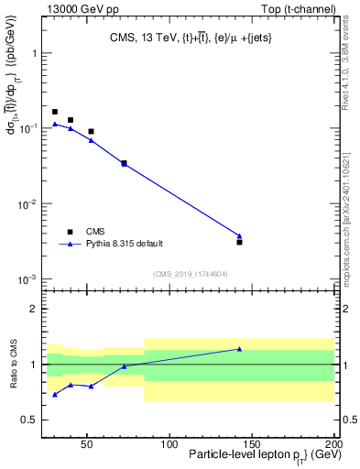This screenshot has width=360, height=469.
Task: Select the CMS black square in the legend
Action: click(x=71, y=232)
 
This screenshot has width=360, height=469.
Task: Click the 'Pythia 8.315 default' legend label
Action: click(x=125, y=244)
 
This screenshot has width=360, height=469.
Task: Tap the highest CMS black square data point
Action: click(x=55, y=112)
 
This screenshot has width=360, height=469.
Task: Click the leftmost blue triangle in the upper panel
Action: click(x=55, y=124)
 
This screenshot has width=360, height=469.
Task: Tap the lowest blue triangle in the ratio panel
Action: click(x=55, y=395)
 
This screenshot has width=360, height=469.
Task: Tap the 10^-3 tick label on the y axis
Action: click(x=29, y=278)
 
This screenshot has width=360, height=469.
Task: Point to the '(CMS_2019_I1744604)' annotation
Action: click(x=191, y=273)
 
